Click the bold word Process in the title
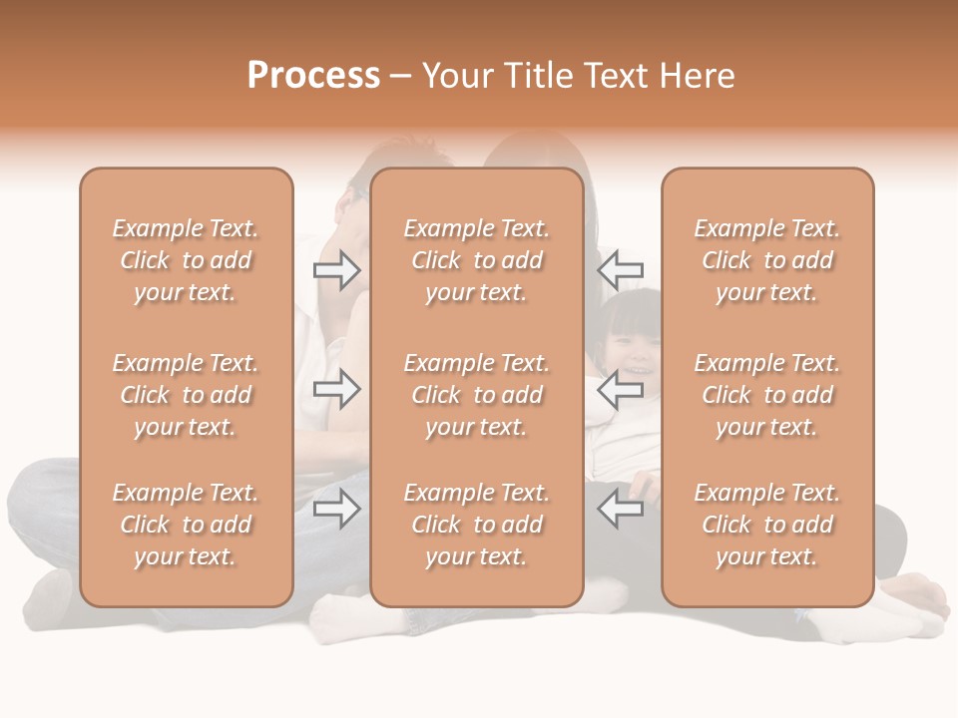pos(313,76)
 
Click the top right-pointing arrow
pos(336,270)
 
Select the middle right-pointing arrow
pos(336,389)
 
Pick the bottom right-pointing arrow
pos(336,510)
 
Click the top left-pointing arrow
pos(621,270)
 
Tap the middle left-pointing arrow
pos(621,389)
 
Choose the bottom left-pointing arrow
pos(621,510)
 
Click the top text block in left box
pos(186,260)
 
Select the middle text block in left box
pos(186,395)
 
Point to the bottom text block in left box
pos(186,525)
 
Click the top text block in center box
pos(476,260)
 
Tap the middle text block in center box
pos(476,395)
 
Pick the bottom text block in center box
pos(476,525)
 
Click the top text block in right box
pos(766,260)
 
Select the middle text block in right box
pos(766,395)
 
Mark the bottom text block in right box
pos(766,525)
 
